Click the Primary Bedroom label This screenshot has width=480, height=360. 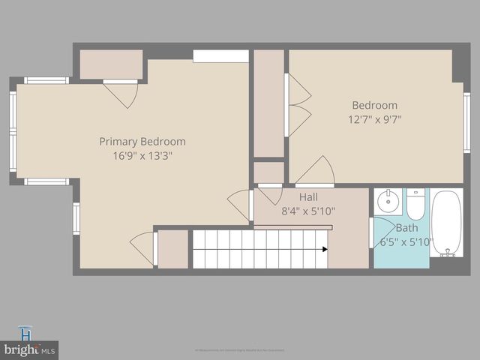pyautogui.click(x=142, y=141)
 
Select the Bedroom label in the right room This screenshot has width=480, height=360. pyautogui.click(x=375, y=105)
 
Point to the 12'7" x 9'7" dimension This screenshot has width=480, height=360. pyautogui.click(x=375, y=118)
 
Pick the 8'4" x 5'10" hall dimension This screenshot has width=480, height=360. pyautogui.click(x=308, y=211)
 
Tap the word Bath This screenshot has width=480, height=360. pyautogui.click(x=407, y=227)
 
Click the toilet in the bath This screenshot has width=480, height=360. pyautogui.click(x=416, y=204)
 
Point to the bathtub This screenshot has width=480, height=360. pyautogui.click(x=448, y=223)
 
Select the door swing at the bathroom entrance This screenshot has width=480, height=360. pyautogui.click(x=384, y=230)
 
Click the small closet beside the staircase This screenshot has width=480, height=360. pyautogui.click(x=172, y=249)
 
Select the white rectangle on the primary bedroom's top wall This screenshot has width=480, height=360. pyautogui.click(x=220, y=56)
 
